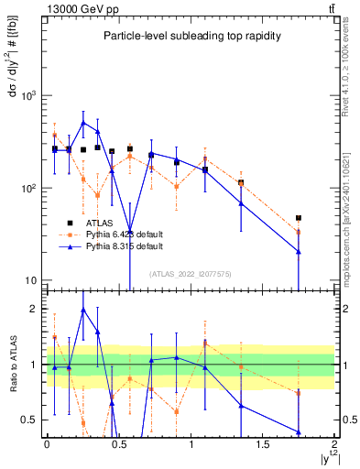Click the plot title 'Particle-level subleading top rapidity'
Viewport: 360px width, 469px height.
click(191, 36)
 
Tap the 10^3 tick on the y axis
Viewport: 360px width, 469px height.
click(27, 95)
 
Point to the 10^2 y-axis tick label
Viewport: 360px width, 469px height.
click(27, 188)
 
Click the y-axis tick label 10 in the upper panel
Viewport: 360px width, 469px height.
click(31, 280)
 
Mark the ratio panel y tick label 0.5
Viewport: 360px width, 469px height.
click(30, 420)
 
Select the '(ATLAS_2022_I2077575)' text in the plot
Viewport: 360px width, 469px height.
click(191, 274)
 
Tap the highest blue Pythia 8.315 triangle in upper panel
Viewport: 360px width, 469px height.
click(83, 122)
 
